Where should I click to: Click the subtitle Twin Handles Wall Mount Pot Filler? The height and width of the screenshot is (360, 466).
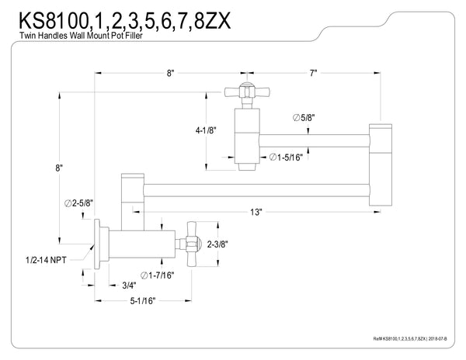[x=81, y=36]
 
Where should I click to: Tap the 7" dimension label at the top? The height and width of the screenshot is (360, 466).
[x=314, y=73]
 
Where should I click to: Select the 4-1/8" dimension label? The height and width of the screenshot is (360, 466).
[x=206, y=130]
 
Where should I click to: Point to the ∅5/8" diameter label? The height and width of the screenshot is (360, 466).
[x=304, y=117]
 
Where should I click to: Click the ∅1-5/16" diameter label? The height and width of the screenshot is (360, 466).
[x=286, y=157]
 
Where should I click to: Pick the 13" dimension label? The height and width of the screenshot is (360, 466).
[x=256, y=212]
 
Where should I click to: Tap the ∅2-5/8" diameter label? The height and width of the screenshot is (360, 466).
[x=78, y=203]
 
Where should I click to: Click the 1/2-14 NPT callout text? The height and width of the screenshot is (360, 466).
[x=46, y=260]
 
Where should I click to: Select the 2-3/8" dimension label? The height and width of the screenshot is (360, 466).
[x=217, y=244]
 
